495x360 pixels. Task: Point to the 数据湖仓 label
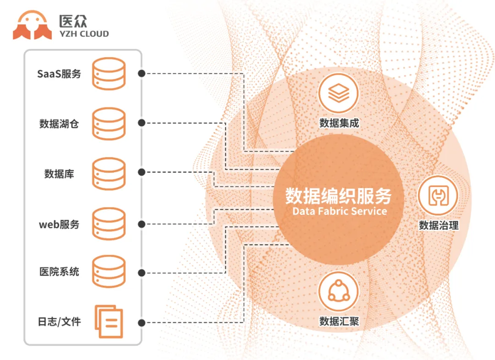[59, 123]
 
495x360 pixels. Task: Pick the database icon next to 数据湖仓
[109, 123]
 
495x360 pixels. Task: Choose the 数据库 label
[59, 174]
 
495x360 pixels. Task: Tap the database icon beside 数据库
[109, 174]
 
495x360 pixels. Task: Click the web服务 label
[59, 224]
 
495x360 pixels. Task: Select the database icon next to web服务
[109, 224]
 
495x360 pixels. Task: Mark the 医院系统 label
[59, 272]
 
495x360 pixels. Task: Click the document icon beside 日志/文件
[109, 322]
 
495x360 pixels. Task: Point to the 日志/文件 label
[59, 322]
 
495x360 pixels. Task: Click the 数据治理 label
[439, 225]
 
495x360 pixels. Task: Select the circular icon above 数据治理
[438, 195]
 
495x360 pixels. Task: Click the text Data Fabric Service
[339, 212]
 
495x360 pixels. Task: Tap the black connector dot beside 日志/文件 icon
[142, 322]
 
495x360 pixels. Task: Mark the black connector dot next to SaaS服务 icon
[142, 73]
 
